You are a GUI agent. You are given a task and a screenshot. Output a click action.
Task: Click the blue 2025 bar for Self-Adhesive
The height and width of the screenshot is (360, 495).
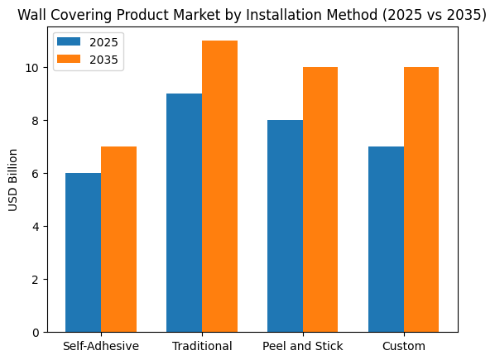pos(83,252)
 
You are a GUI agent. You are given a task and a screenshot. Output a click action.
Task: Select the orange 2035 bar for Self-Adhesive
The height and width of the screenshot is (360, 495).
pos(118,239)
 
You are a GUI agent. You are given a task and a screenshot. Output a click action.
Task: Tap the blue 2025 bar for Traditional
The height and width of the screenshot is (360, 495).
pos(184,213)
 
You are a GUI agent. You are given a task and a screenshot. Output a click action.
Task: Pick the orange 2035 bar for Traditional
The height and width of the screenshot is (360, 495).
pos(219,186)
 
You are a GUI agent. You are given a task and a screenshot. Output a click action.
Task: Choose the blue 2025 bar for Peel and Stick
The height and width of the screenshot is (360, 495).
pos(285,226)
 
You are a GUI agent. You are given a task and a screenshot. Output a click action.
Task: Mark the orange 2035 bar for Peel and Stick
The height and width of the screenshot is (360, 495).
pos(320,199)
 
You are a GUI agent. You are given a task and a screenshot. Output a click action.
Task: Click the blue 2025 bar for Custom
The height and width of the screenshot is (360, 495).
pos(386,239)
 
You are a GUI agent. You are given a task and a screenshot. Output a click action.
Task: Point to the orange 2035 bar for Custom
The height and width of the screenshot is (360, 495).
pos(421,199)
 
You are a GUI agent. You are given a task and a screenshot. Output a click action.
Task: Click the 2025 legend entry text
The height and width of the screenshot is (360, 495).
pos(103,41)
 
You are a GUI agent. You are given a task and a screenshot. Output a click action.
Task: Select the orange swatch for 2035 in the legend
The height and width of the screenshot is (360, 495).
pos(70,60)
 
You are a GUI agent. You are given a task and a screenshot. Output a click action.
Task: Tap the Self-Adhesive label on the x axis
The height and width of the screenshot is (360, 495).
pos(101,345)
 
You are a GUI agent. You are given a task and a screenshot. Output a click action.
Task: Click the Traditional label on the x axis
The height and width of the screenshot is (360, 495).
pos(202,345)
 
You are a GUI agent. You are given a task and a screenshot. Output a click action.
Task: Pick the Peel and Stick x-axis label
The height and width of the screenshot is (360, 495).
pos(303,345)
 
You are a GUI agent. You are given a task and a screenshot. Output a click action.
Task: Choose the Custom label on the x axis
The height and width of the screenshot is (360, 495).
pos(404,345)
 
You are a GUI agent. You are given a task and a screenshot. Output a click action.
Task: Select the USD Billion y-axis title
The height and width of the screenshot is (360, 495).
pos(13,180)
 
